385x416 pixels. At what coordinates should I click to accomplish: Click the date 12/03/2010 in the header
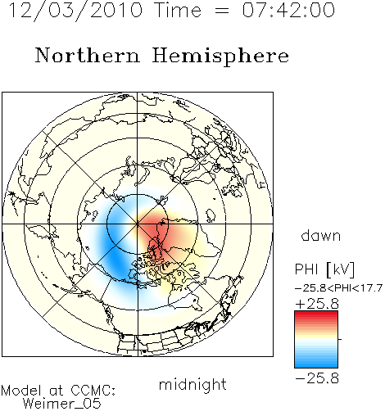[x=76, y=11]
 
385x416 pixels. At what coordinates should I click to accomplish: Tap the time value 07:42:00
[x=288, y=11]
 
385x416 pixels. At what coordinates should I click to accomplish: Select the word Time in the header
[x=178, y=11]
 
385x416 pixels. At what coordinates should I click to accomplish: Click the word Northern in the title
[x=88, y=55]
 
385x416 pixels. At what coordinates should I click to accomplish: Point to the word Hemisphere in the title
[x=220, y=57]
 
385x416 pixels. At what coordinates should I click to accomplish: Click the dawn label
[x=321, y=235]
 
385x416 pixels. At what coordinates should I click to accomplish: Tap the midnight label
[x=192, y=384]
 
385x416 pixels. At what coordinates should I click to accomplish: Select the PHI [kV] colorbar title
[x=325, y=269]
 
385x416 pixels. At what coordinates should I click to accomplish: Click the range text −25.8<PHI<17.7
[x=338, y=288]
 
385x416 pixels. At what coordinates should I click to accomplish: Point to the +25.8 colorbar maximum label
[x=317, y=304]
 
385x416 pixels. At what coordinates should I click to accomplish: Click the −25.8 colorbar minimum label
[x=317, y=378]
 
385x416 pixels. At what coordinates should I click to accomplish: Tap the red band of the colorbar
[x=316, y=317]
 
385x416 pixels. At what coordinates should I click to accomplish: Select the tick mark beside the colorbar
[x=340, y=339]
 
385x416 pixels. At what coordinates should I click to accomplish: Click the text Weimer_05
[x=61, y=404]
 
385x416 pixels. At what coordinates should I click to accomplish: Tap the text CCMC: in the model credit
[x=93, y=391]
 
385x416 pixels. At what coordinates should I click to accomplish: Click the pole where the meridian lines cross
[x=138, y=224]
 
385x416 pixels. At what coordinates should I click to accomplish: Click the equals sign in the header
[x=222, y=11]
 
